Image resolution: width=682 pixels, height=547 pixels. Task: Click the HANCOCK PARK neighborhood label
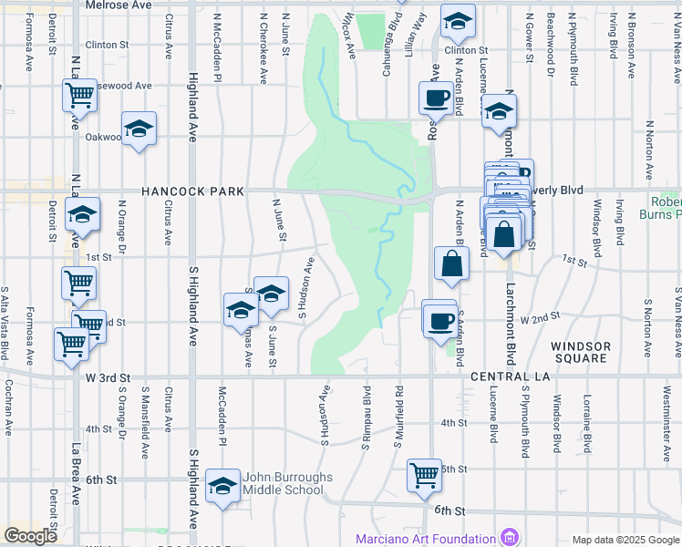(x=192, y=191)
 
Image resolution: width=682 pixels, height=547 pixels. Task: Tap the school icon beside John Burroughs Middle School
(x=222, y=487)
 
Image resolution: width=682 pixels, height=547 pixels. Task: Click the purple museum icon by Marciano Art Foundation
(x=509, y=538)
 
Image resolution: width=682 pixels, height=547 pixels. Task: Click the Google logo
(x=30, y=536)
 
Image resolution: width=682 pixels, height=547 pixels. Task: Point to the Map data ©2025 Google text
(x=625, y=540)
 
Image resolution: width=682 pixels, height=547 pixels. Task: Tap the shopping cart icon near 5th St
(x=424, y=474)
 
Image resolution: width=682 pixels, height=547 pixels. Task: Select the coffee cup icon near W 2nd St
(x=440, y=320)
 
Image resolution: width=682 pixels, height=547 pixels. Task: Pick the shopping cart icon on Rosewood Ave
(x=79, y=93)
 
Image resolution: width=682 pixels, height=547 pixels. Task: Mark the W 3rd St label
(x=109, y=377)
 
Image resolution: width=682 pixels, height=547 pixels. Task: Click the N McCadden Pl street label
(x=218, y=47)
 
